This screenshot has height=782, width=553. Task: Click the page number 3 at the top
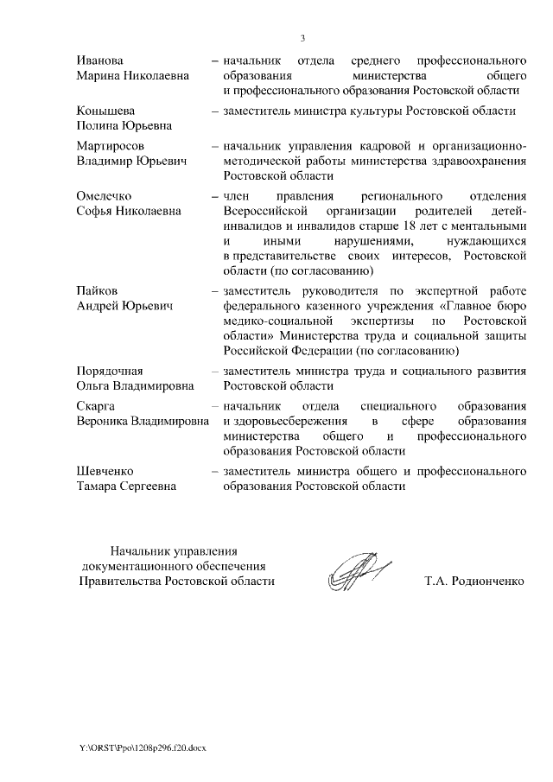(x=302, y=37)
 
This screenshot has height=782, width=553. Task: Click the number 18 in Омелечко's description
(x=398, y=225)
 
